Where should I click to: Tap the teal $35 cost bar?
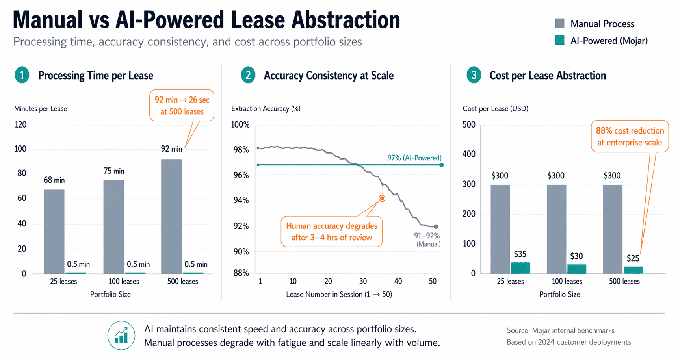(x=520, y=268)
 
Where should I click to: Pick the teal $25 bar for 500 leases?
(x=633, y=270)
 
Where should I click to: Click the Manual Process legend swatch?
(x=559, y=23)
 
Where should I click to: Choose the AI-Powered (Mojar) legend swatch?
(x=559, y=40)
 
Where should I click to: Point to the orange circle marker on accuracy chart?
(x=382, y=199)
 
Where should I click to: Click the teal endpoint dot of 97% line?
(x=441, y=165)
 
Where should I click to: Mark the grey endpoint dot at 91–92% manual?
(x=436, y=226)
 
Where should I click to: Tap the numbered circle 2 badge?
(x=248, y=75)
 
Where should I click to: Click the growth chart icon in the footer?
(x=121, y=336)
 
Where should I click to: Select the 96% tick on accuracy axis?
(x=241, y=175)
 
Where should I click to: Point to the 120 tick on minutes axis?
(x=20, y=125)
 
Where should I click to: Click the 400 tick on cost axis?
(x=469, y=154)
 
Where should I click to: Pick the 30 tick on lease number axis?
(x=363, y=281)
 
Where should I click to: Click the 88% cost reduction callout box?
(x=630, y=136)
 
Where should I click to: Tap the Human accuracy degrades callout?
(x=331, y=232)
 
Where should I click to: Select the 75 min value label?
(x=114, y=171)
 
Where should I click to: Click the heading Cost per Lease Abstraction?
(x=547, y=75)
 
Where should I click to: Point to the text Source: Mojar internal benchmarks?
(x=560, y=330)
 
